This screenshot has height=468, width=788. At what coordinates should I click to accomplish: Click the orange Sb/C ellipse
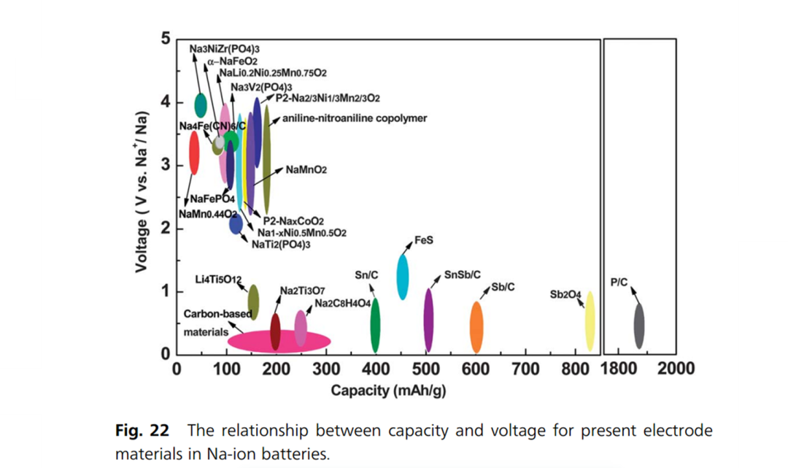[x=476, y=326]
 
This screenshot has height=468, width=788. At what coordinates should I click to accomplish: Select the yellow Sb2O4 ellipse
[x=590, y=321]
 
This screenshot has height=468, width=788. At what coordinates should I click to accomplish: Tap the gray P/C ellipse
[x=638, y=326]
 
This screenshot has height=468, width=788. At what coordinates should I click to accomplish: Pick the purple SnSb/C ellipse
[x=428, y=320]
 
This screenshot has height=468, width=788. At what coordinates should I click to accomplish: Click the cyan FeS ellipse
[x=402, y=276]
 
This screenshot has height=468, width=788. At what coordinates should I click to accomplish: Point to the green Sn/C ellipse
[x=375, y=325]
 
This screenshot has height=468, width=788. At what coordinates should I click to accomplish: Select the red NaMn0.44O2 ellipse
[x=194, y=152]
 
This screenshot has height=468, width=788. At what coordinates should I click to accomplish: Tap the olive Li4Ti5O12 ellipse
[x=253, y=302]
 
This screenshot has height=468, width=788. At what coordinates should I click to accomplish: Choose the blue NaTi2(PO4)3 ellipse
[x=236, y=225]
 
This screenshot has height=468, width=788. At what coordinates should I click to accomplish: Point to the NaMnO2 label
[x=306, y=169]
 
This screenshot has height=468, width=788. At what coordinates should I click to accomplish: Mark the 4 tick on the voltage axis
[x=166, y=102]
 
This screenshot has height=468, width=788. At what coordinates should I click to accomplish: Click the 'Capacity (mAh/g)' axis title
[x=388, y=391]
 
